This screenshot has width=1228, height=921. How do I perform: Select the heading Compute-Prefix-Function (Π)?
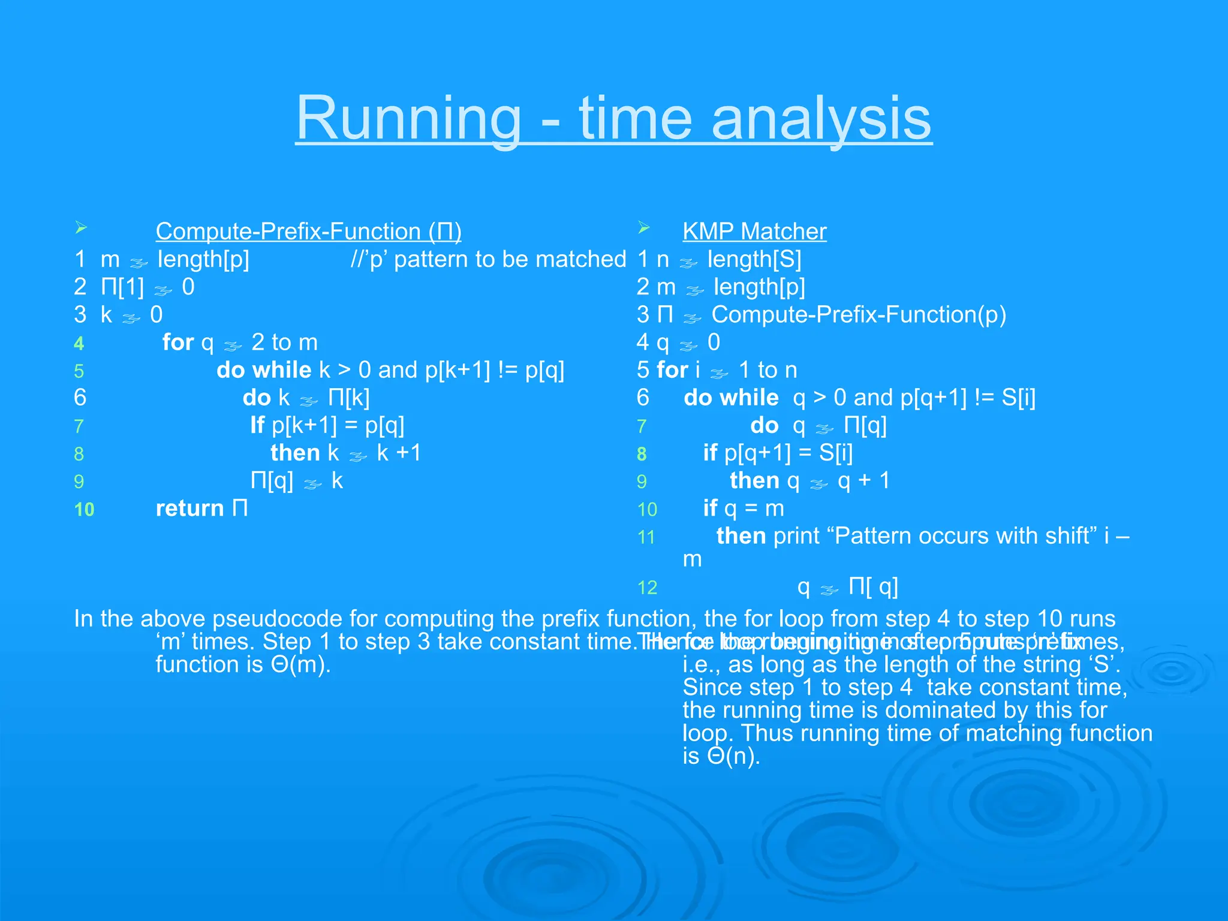[x=308, y=231]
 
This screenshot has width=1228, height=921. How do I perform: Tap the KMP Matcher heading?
[x=754, y=231]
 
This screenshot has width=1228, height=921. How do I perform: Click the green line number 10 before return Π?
[x=85, y=510]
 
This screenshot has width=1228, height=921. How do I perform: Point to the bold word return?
[x=189, y=508]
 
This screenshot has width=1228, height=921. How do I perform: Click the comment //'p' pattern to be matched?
[x=488, y=260]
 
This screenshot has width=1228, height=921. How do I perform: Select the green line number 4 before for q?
[x=79, y=344]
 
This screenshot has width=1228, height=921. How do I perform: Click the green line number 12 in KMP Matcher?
[x=647, y=588]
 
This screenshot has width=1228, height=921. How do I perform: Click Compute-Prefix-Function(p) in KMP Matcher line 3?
[x=859, y=315]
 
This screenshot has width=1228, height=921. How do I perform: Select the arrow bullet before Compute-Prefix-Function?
[x=82, y=228]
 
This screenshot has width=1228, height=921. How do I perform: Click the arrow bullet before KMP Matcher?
[x=644, y=228]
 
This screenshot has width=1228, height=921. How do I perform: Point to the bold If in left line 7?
[x=257, y=425]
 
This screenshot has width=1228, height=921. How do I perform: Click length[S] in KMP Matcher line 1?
[x=754, y=260]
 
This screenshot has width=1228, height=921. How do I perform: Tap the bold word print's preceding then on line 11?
[x=741, y=536]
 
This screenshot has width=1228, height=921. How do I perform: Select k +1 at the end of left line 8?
[x=399, y=453]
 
